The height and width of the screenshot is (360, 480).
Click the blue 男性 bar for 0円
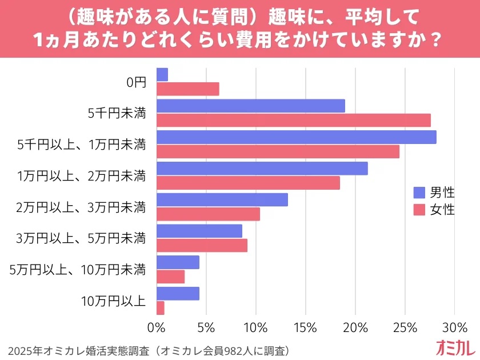(162, 74)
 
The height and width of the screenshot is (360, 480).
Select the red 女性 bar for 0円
(187, 89)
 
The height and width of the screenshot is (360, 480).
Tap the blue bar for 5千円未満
(250, 106)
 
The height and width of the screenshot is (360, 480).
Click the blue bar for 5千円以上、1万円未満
(296, 137)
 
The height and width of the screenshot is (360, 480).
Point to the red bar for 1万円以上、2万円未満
(248, 183)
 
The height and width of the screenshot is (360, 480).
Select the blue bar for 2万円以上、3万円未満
(222, 199)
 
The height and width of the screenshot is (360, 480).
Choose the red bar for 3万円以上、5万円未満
(202, 246)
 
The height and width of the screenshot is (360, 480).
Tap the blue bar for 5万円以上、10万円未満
(178, 262)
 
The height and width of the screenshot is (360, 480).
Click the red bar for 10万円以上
(160, 308)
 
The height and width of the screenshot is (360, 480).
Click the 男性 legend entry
(434, 192)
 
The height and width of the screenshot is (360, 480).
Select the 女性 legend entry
(434, 210)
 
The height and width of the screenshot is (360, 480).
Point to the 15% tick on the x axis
(305, 328)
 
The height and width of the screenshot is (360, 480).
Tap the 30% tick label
(454, 328)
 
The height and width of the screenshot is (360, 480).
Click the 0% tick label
(156, 328)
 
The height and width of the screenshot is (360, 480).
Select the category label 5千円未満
(117, 113)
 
